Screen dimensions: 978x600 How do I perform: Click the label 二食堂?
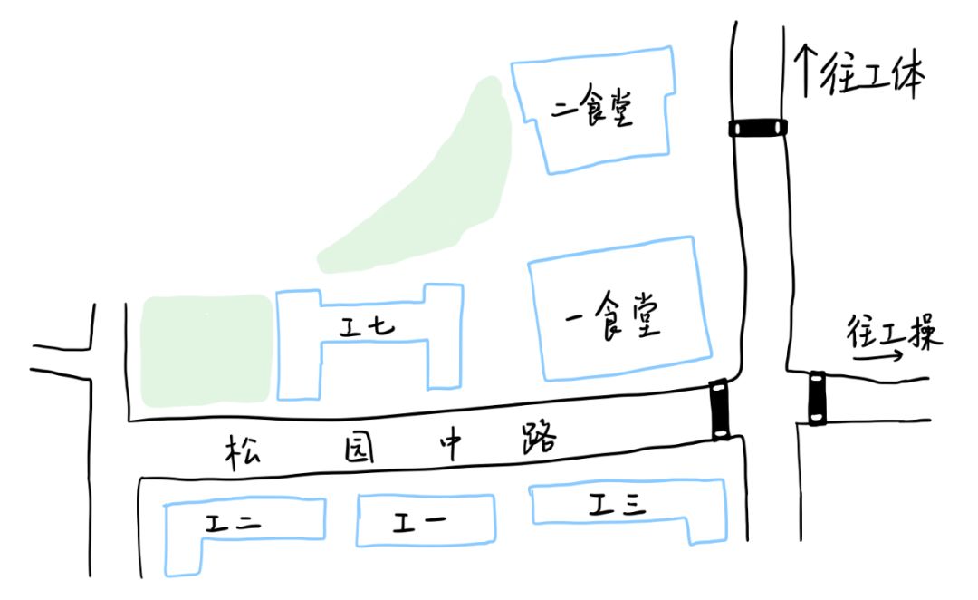tap(591, 111)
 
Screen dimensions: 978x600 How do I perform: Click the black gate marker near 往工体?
tap(758, 129)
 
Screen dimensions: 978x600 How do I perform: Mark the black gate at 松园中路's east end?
tap(720, 409)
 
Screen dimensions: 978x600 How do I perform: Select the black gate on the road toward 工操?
tap(817, 397)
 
